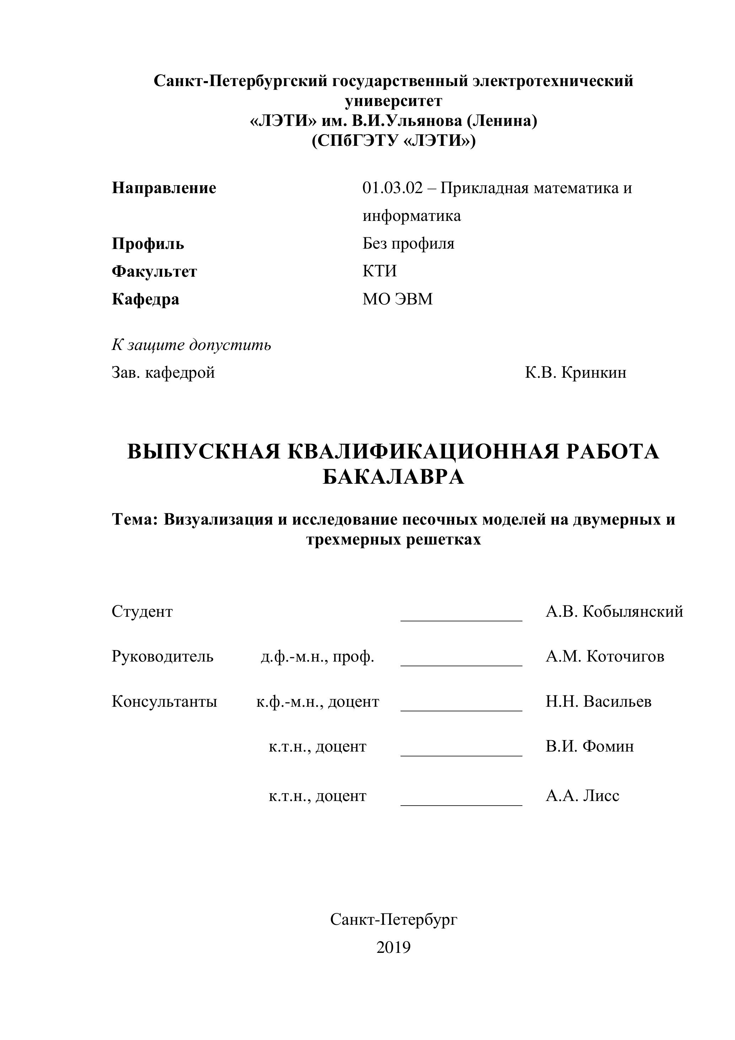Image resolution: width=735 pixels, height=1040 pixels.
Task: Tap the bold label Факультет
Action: [x=154, y=271]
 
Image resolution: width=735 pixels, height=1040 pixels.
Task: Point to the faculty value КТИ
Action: [x=379, y=271]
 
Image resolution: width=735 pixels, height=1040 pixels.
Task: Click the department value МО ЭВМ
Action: [x=397, y=299]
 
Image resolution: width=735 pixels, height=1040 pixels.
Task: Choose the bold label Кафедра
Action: [x=145, y=299]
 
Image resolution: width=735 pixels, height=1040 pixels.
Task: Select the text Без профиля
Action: [x=408, y=244]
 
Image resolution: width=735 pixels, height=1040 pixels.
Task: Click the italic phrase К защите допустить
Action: [x=191, y=345]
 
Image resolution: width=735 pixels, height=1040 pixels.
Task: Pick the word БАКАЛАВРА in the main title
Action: [x=393, y=477]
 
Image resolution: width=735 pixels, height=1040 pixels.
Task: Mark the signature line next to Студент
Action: [x=461, y=620]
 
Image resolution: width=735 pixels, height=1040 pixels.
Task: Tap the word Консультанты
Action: [x=164, y=702]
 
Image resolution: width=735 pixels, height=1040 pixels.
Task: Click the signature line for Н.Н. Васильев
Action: [x=461, y=710]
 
